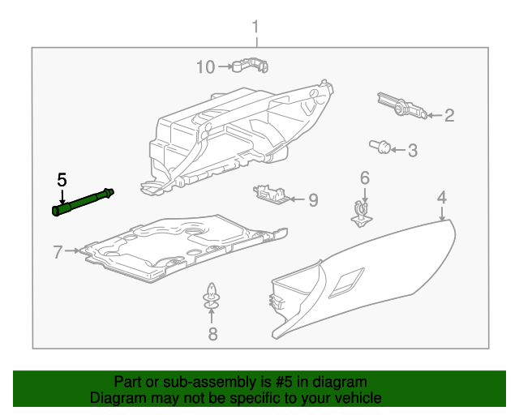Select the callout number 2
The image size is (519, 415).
click(x=448, y=116)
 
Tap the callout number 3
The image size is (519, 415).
click(x=412, y=150)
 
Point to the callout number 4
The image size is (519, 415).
click(x=442, y=197)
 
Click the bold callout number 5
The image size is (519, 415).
click(x=61, y=180)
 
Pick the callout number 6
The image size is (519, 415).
click(x=364, y=178)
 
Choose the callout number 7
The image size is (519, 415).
click(x=58, y=252)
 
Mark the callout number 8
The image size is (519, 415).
click(x=212, y=334)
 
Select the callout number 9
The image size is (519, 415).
click(x=313, y=200)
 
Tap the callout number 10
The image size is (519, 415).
click(x=206, y=66)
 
